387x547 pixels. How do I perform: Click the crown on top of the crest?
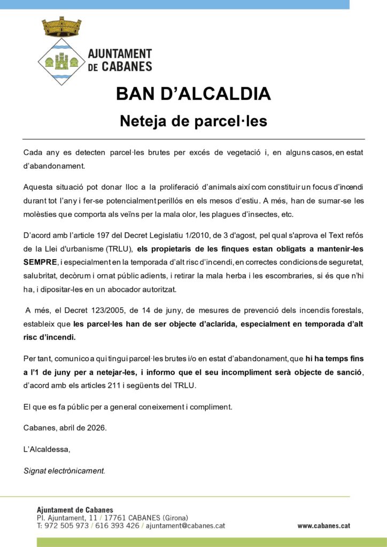61,26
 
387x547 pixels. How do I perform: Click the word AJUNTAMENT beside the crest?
119,54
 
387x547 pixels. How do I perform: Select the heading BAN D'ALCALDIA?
193,93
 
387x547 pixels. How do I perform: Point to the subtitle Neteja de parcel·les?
193,121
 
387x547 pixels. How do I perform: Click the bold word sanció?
349,372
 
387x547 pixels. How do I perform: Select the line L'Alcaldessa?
47,449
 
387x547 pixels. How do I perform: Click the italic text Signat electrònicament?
65,471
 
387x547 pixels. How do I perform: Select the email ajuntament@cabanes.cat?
185,526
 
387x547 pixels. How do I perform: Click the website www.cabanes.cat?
323,526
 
